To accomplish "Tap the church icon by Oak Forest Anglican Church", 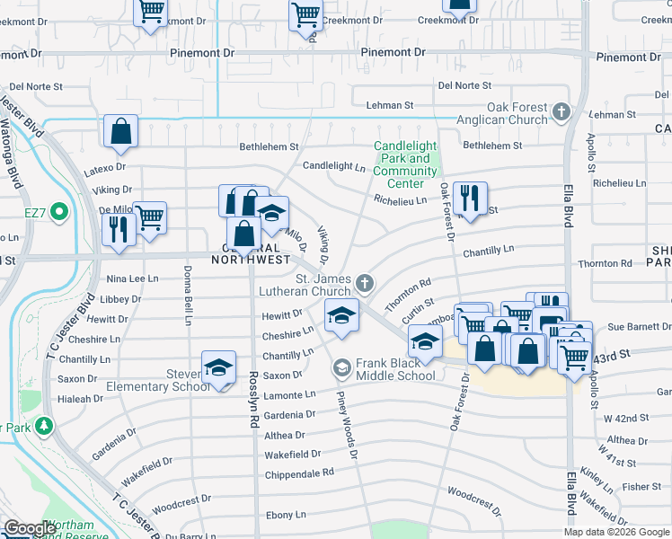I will (x=561, y=112).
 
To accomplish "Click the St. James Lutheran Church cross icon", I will (x=364, y=284).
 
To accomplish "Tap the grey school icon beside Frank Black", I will (x=341, y=368).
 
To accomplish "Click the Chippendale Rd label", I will (x=299, y=472).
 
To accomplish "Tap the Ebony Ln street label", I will (x=286, y=515).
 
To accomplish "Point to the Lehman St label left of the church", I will (x=388, y=106).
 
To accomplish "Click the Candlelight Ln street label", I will (x=334, y=166).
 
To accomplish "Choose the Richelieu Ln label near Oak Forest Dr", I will (x=401, y=200).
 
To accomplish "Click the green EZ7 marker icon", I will (x=59, y=213).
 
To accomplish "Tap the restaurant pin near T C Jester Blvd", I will (x=119, y=229).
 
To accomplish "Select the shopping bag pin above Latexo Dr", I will (x=120, y=131).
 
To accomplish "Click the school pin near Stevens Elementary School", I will (x=218, y=367).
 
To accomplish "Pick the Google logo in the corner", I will (x=30, y=529).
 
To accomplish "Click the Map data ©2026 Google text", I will (x=615, y=532).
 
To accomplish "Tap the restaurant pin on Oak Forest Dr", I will (x=469, y=199).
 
